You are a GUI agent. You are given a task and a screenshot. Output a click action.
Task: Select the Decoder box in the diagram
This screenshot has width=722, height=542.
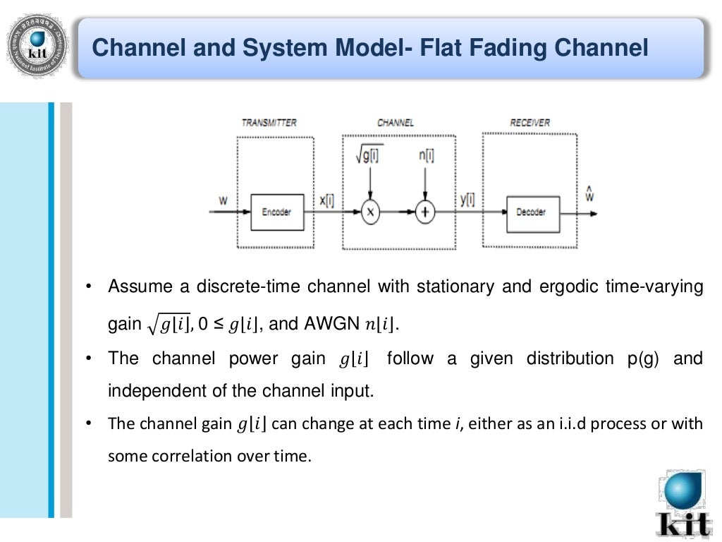click(532, 211)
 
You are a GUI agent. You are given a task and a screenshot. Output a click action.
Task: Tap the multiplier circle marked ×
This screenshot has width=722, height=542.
click(370, 211)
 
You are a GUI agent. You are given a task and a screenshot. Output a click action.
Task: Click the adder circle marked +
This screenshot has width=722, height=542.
click(424, 211)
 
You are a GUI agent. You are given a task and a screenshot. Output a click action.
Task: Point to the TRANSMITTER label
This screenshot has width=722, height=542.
click(269, 123)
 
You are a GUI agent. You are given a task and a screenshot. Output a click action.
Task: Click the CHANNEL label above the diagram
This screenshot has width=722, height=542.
click(396, 123)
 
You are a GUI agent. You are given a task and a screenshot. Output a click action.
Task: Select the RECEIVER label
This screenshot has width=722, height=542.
click(530, 123)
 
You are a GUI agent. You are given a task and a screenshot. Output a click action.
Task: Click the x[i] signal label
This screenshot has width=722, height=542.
click(326, 200)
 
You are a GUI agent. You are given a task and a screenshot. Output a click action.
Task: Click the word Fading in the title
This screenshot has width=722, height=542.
click(502, 49)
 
